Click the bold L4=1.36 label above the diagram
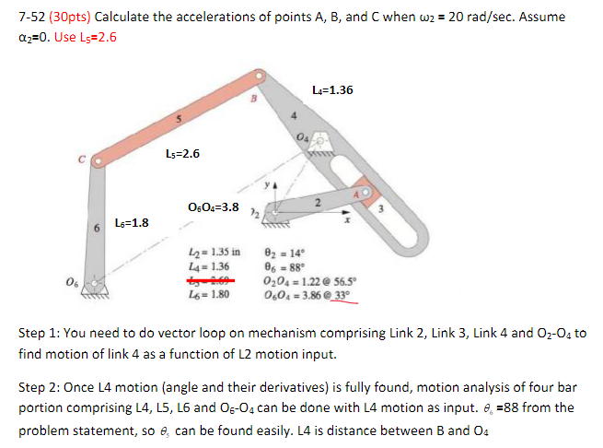pyautogui.click(x=332, y=90)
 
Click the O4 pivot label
pyautogui.click(x=304, y=138)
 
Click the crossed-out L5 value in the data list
pyautogui.click(x=204, y=279)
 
